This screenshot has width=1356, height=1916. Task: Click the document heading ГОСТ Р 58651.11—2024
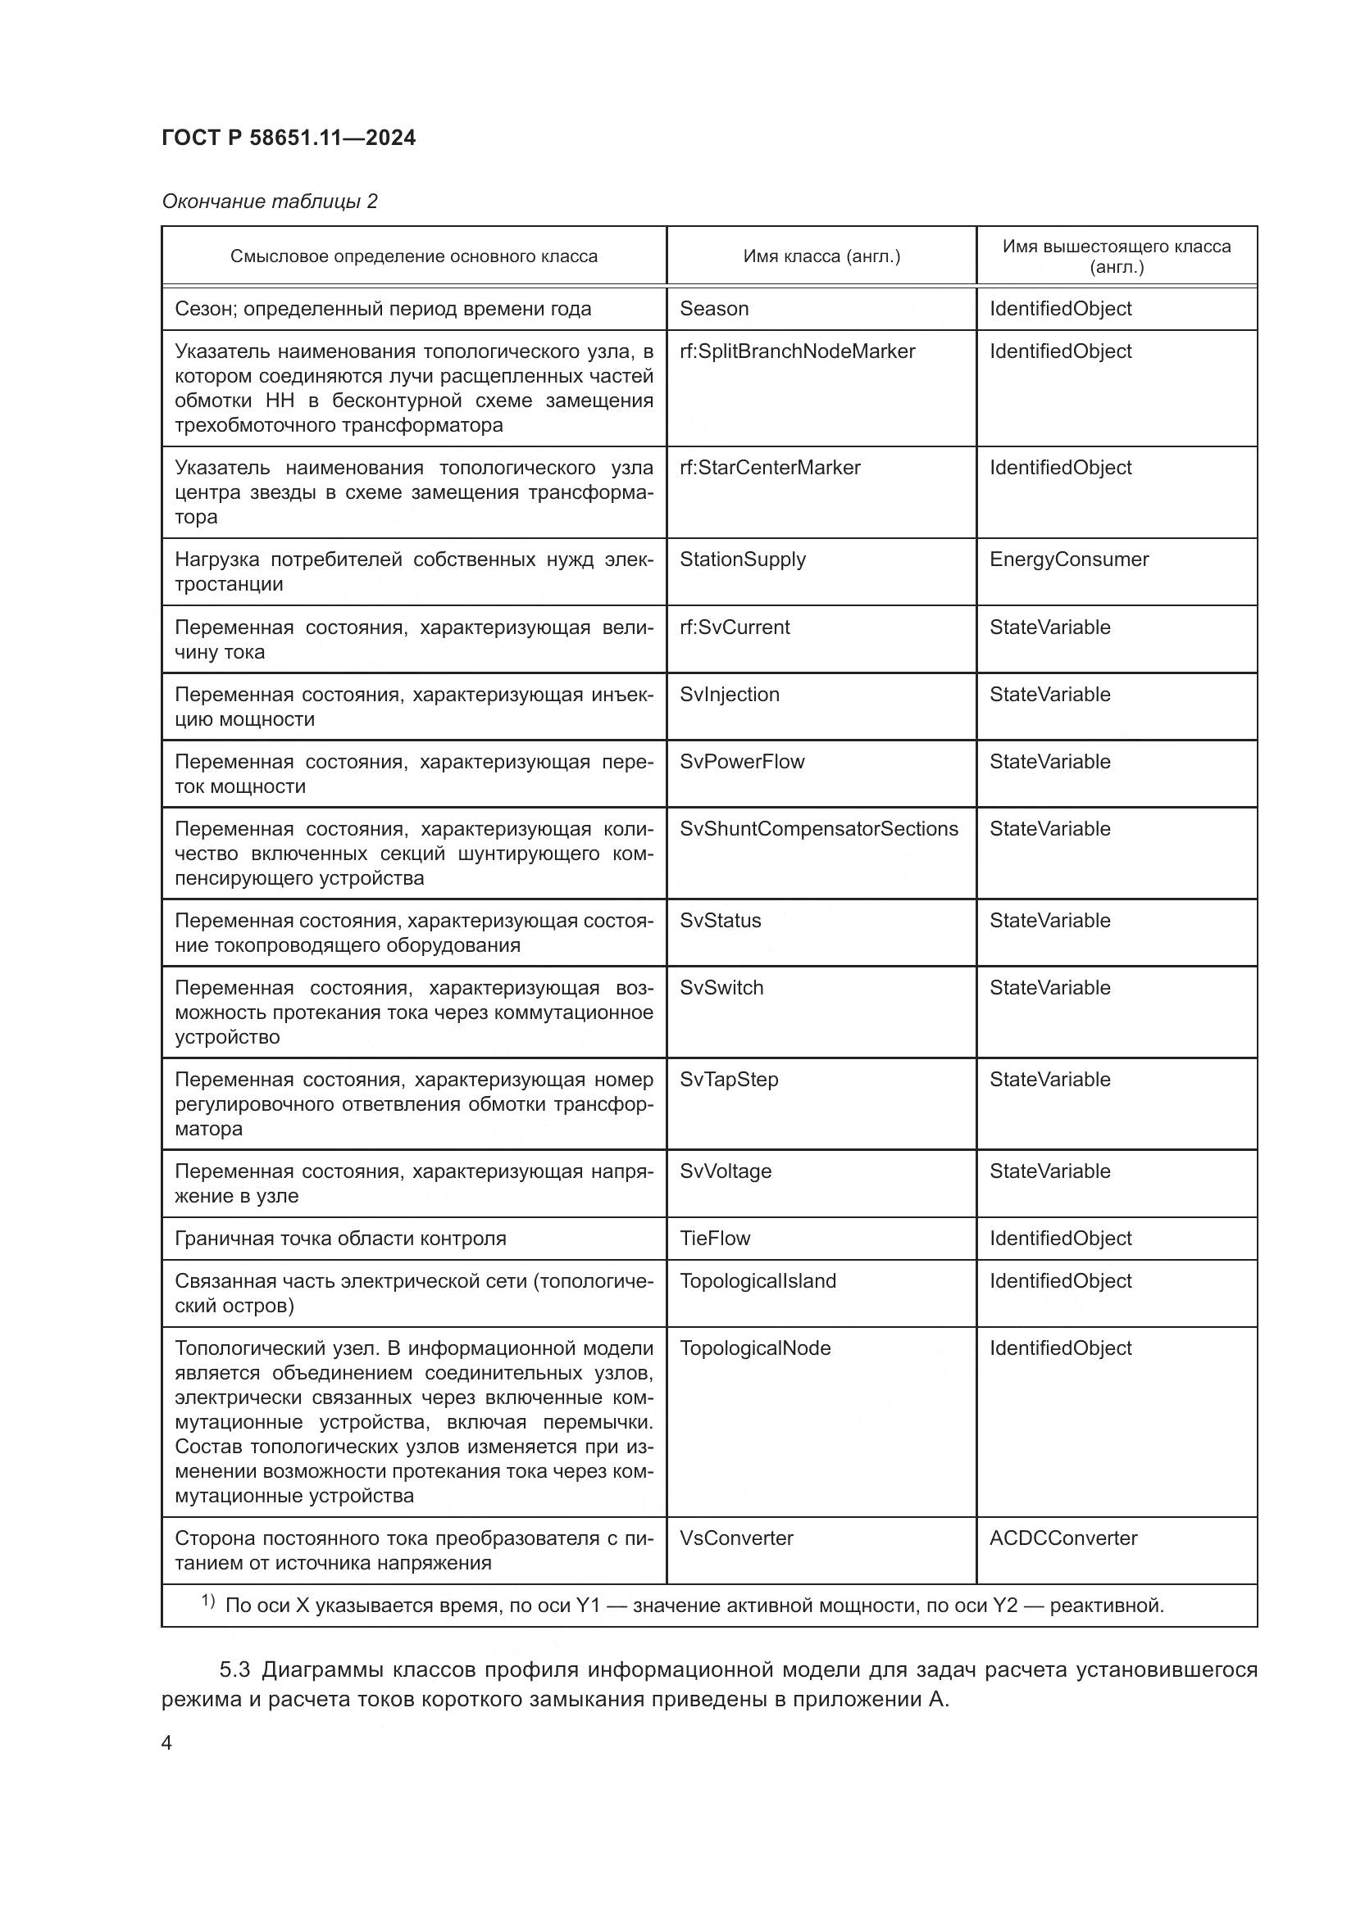(x=289, y=138)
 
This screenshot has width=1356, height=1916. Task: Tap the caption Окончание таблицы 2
(x=270, y=202)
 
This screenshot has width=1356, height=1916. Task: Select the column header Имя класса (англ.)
(x=821, y=256)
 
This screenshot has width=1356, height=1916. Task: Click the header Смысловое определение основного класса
(x=414, y=256)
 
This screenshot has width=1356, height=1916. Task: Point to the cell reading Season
(x=714, y=309)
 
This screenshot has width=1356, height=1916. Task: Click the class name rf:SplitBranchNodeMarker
(x=798, y=351)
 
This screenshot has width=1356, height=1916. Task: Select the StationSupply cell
(x=742, y=559)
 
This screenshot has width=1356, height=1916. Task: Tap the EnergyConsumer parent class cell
(x=1069, y=559)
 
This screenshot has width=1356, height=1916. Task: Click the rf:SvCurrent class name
(x=735, y=627)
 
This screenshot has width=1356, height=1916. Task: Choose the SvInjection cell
(x=729, y=695)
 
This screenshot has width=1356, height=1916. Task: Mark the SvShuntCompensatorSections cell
(x=819, y=829)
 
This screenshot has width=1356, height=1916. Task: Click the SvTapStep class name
(x=729, y=1079)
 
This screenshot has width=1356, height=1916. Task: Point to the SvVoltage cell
(x=726, y=1171)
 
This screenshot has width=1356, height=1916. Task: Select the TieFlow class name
(x=715, y=1239)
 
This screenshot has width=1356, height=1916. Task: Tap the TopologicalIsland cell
(x=758, y=1281)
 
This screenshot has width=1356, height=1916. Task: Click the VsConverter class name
(x=736, y=1538)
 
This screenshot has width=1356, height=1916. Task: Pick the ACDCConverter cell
(x=1063, y=1538)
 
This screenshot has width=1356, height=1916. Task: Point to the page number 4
(x=167, y=1743)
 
